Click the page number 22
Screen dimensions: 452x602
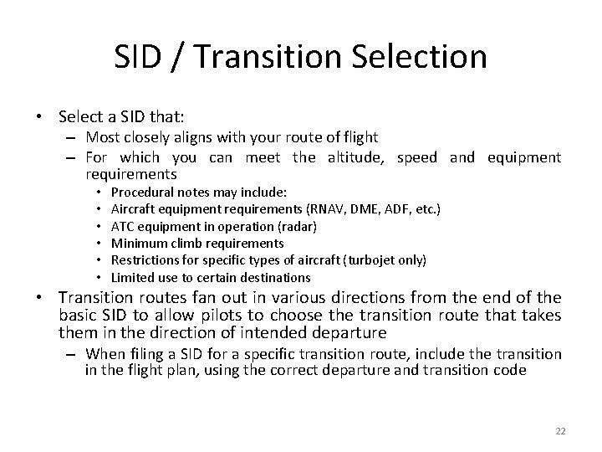click(x=560, y=431)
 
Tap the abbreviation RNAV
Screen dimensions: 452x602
click(x=329, y=209)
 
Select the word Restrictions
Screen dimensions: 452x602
click(x=143, y=259)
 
